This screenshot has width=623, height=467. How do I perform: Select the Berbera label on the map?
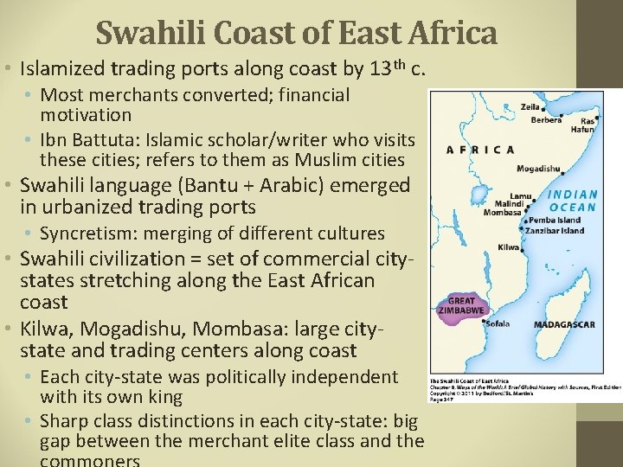545,121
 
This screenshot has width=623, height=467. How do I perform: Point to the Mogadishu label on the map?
538,169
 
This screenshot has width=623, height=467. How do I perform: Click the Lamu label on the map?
520,195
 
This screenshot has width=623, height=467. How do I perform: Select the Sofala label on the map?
498,323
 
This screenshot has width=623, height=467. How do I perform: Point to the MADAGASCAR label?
563,324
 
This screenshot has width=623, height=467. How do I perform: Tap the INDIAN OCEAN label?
572,201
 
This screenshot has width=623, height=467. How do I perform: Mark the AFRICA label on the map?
480,150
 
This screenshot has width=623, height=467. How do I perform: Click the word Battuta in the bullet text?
98,139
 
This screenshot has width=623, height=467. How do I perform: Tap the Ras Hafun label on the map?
584,125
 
